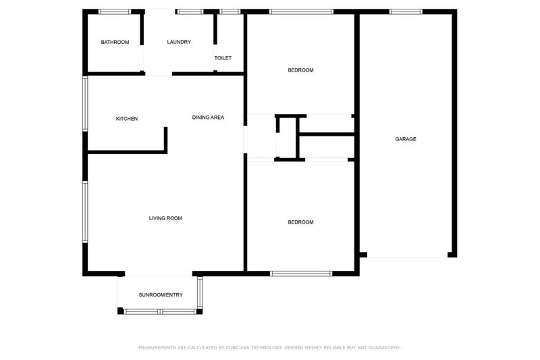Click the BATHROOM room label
[115, 42]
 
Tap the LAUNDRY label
[179, 42]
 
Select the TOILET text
[223, 58]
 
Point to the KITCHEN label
[127, 119]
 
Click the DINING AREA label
[208, 118]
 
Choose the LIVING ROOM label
[165, 218]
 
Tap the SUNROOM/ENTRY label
[161, 295]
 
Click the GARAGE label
[406, 139]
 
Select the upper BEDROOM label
[300, 70]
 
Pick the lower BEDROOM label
[300, 222]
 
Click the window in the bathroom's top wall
[115, 11]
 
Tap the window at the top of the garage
[406, 11]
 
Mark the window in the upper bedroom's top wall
[301, 11]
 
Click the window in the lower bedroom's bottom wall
[301, 274]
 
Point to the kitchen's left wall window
[85, 103]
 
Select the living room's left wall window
[85, 211]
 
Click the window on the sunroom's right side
[200, 292]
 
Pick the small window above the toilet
[230, 11]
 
